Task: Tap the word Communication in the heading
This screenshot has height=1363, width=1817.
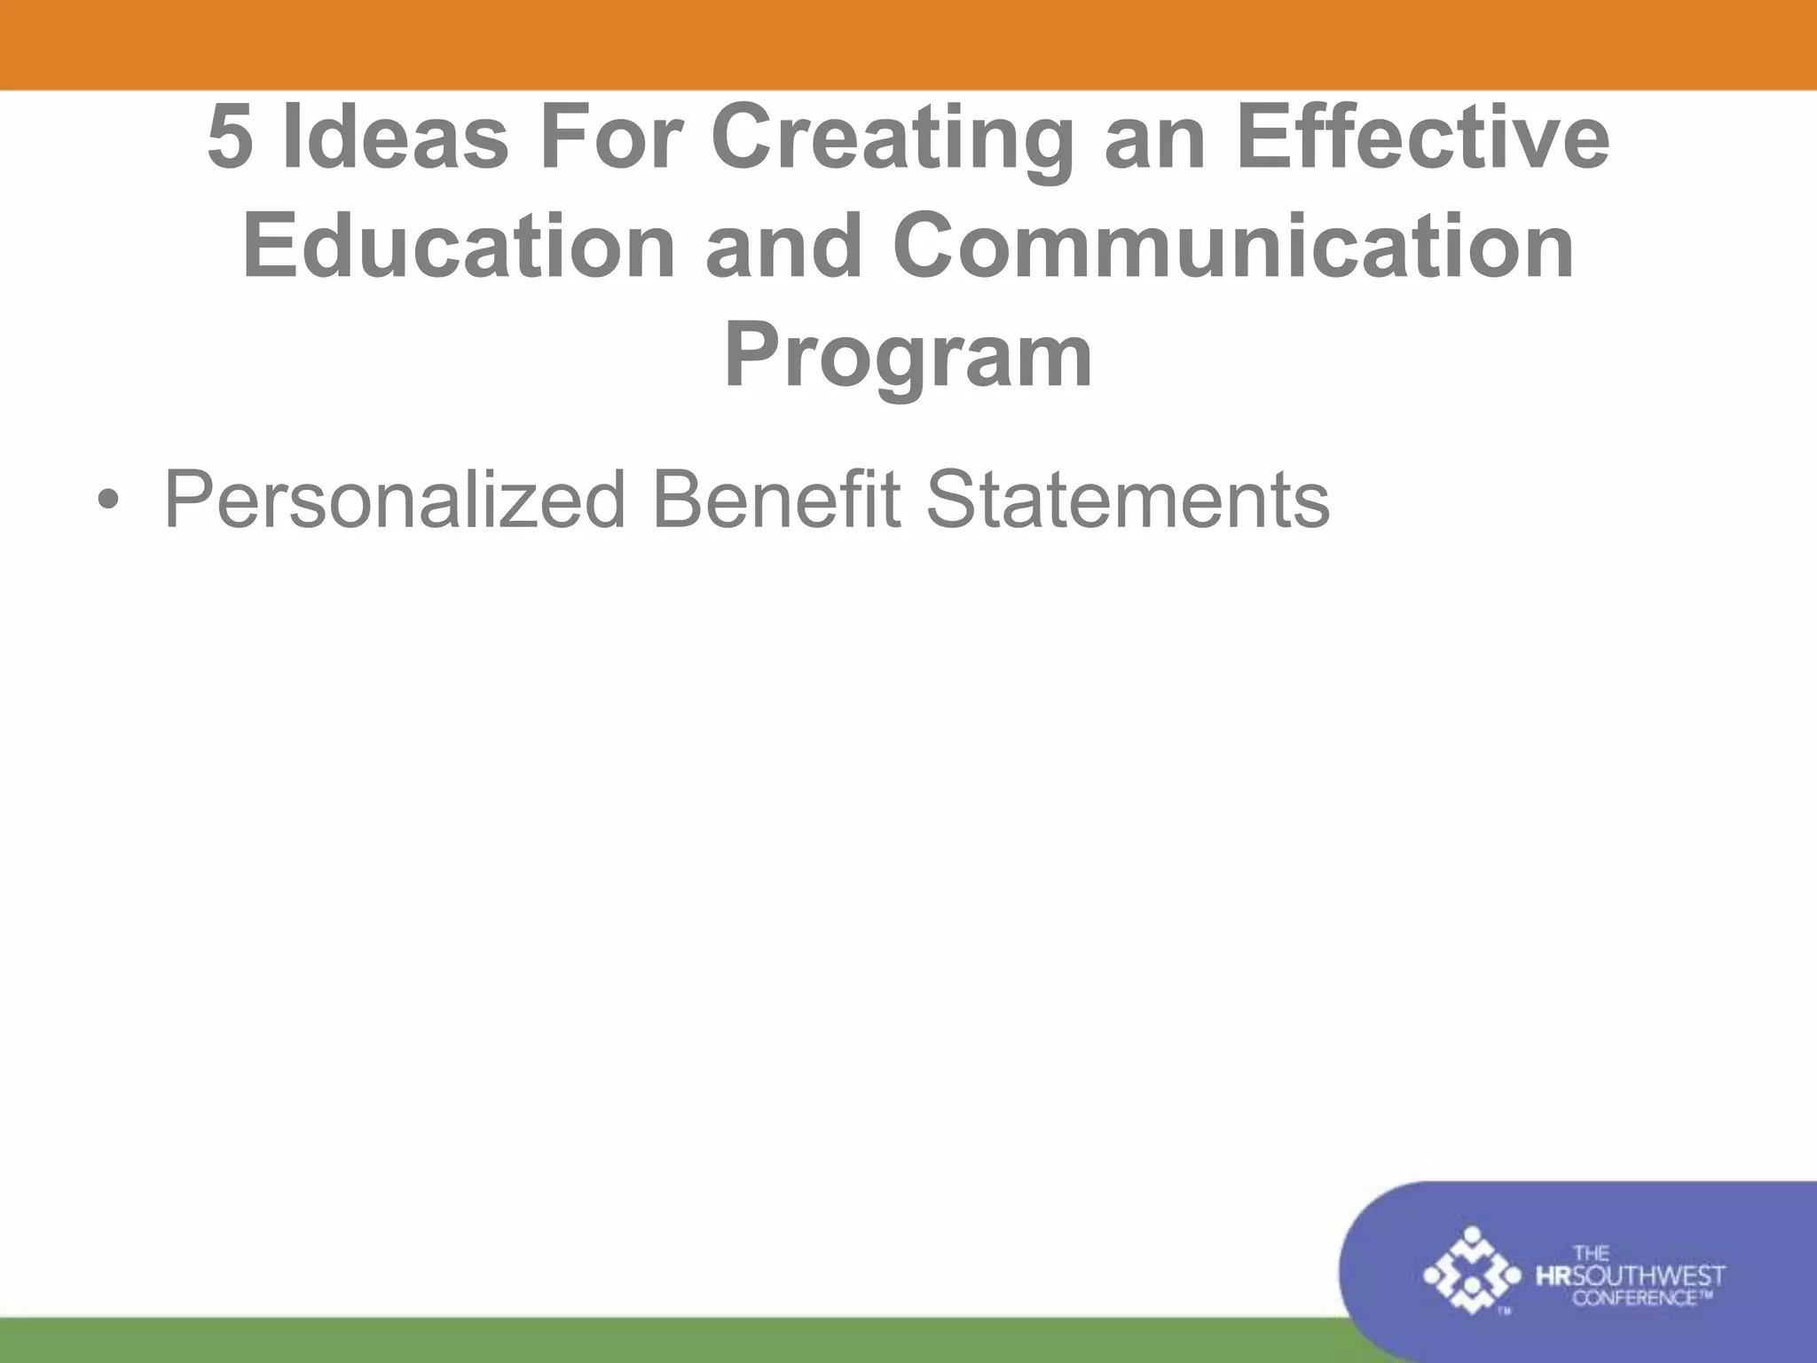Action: pyautogui.click(x=1233, y=247)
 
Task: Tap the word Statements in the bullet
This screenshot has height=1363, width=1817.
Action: pyautogui.click(x=1127, y=500)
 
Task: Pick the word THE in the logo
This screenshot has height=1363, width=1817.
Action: pyautogui.click(x=1590, y=1254)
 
